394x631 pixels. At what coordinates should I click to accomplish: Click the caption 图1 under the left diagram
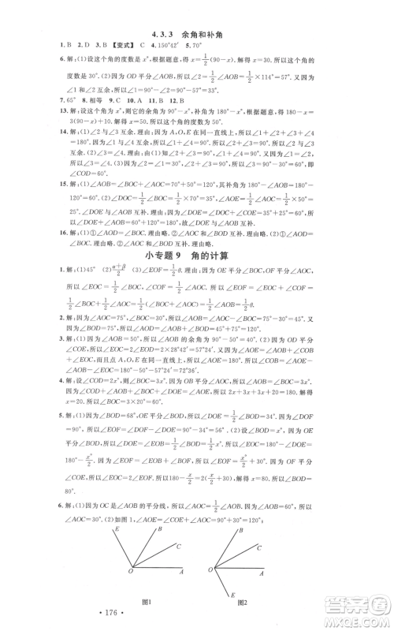pos(145,601)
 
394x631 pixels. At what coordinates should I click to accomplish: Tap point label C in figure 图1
pos(180,546)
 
